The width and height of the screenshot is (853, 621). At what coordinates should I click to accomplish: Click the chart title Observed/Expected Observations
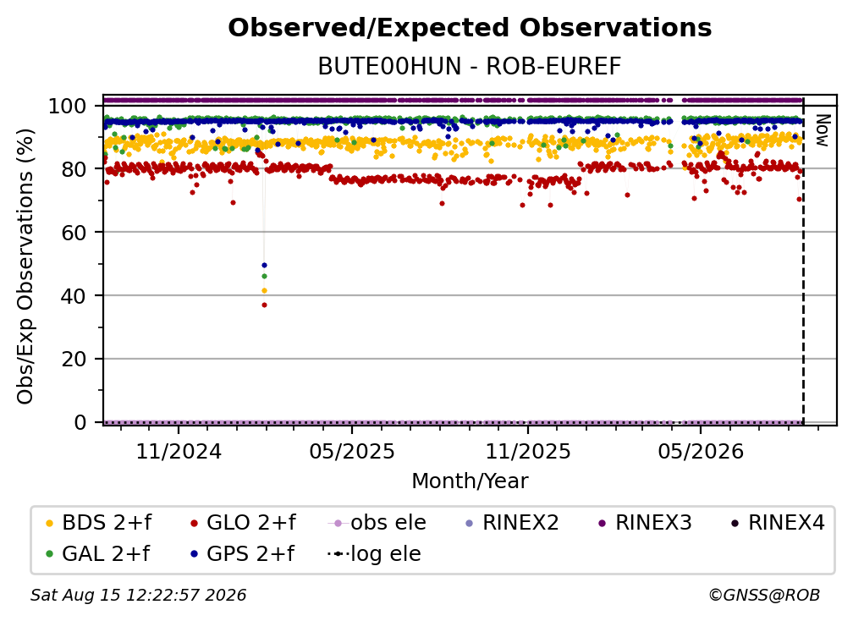click(470, 28)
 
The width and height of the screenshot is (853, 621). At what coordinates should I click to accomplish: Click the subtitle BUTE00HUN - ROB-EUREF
click(470, 66)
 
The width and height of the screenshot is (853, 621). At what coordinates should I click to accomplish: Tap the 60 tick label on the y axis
click(74, 232)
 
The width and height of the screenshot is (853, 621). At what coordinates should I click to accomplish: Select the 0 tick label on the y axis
click(80, 422)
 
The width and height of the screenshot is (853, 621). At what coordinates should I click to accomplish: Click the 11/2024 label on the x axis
click(179, 451)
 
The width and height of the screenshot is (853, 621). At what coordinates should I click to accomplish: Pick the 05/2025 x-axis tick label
click(352, 451)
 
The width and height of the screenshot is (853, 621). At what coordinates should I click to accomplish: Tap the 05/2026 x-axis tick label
click(701, 451)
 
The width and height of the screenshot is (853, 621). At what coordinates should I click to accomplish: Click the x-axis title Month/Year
click(470, 481)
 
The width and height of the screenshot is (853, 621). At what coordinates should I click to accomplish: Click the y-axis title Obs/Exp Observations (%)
click(25, 266)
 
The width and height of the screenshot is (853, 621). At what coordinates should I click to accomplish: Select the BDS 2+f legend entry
click(99, 523)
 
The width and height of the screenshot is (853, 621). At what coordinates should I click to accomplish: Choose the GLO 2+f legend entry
click(243, 523)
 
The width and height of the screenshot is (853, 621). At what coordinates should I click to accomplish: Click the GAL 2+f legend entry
click(98, 553)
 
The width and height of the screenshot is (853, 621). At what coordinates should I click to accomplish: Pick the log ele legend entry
click(374, 553)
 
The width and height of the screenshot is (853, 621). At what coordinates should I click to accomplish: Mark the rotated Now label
click(823, 130)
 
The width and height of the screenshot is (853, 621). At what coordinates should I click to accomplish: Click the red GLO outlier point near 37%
click(264, 305)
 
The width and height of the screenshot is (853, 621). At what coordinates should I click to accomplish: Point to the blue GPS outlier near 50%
click(264, 266)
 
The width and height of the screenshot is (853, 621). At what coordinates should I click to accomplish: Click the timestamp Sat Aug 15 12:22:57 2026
click(138, 595)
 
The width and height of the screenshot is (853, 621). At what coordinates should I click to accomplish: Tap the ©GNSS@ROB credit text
click(764, 595)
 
